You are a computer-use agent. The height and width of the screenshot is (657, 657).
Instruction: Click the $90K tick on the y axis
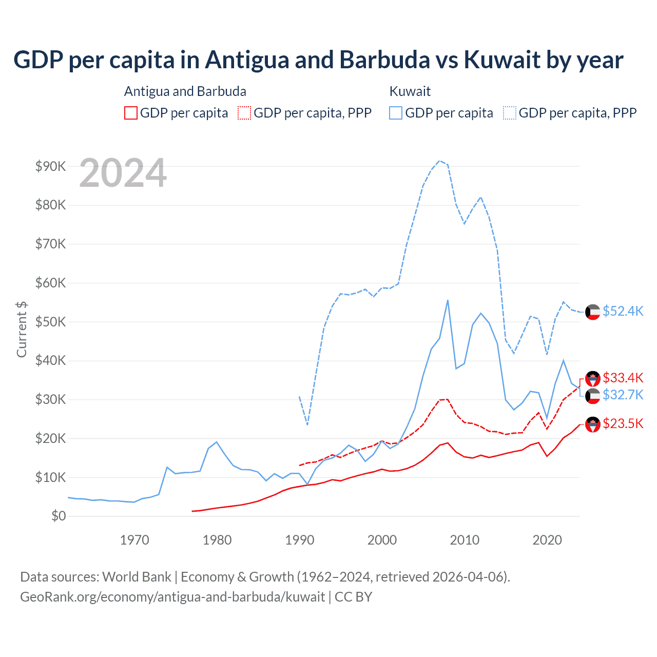pyautogui.click(x=50, y=166)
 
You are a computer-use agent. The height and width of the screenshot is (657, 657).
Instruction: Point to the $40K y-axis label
pyautogui.click(x=50, y=360)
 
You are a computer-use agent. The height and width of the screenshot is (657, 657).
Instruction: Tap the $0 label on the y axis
pyautogui.click(x=58, y=516)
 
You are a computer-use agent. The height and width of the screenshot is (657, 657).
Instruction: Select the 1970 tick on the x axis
pyautogui.click(x=134, y=539)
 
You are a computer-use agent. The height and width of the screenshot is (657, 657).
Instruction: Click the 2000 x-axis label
pyautogui.click(x=382, y=539)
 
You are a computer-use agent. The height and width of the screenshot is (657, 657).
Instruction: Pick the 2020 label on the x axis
pyautogui.click(x=547, y=539)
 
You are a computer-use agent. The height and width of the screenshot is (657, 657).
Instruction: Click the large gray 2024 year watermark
pyautogui.click(x=123, y=173)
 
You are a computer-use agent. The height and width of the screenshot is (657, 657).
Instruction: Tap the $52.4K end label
pyautogui.click(x=623, y=311)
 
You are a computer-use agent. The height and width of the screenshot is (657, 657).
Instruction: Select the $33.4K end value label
pyautogui.click(x=623, y=378)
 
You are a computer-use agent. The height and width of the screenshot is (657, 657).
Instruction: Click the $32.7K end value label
pyautogui.click(x=623, y=395)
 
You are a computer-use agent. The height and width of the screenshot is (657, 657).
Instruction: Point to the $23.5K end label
pyautogui.click(x=623, y=423)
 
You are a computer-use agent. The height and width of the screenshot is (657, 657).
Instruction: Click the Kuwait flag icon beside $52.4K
pyautogui.click(x=593, y=312)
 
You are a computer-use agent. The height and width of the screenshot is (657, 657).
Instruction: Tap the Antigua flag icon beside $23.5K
pyautogui.click(x=593, y=424)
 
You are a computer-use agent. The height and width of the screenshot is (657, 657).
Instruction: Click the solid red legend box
pyautogui.click(x=131, y=113)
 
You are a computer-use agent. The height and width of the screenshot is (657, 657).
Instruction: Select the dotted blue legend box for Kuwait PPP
pyautogui.click(x=510, y=113)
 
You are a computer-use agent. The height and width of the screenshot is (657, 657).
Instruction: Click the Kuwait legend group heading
pyautogui.click(x=410, y=91)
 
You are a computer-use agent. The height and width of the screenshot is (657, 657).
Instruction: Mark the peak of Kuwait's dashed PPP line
pyautogui.click(x=439, y=161)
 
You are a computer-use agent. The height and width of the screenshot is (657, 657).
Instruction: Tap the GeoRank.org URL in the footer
pyautogui.click(x=172, y=597)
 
